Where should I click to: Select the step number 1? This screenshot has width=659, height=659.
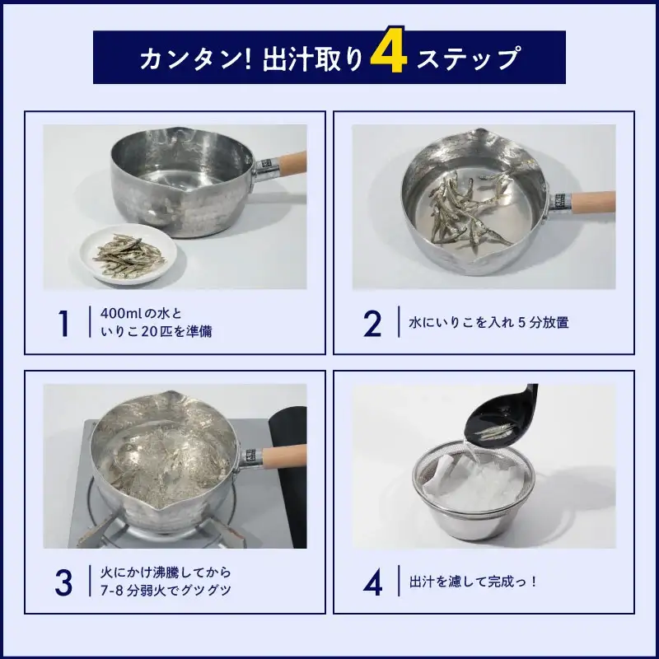tap(64, 323)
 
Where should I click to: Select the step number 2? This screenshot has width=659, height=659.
tap(372, 323)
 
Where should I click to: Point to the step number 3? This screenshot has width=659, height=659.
tap(63, 582)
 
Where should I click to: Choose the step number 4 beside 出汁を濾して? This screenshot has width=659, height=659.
tap(373, 582)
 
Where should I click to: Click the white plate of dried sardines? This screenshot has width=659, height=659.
tap(129, 255)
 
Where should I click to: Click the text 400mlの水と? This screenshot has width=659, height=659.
tap(141, 314)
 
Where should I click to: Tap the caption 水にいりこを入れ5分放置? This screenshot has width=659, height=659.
tap(488, 323)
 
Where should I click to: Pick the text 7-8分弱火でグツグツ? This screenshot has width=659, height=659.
tap(166, 590)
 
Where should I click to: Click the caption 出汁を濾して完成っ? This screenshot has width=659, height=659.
tap(473, 582)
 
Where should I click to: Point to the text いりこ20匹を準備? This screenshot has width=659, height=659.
tap(157, 332)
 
